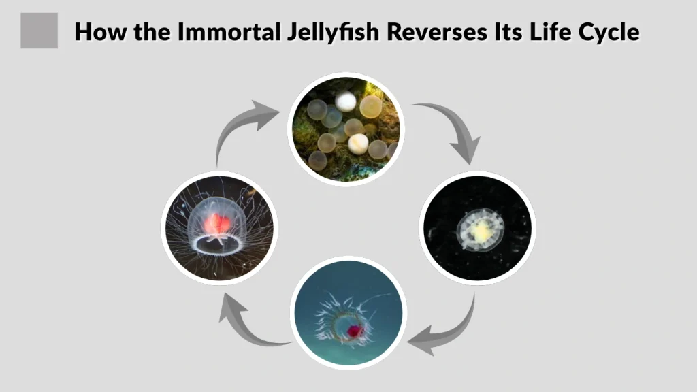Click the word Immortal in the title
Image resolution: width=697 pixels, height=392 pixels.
pyautogui.click(x=221, y=31)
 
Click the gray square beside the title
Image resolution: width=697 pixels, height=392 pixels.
pyautogui.click(x=39, y=31)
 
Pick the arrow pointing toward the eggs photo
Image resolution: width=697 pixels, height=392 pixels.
pyautogui.click(x=245, y=126)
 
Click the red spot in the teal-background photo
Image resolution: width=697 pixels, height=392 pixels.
pyautogui.click(x=355, y=331)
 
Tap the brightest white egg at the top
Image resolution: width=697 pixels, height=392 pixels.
pyautogui.click(x=346, y=102)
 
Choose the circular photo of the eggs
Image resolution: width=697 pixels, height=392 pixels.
pyautogui.click(x=347, y=129)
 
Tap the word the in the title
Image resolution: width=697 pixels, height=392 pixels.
pyautogui.click(x=150, y=31)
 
